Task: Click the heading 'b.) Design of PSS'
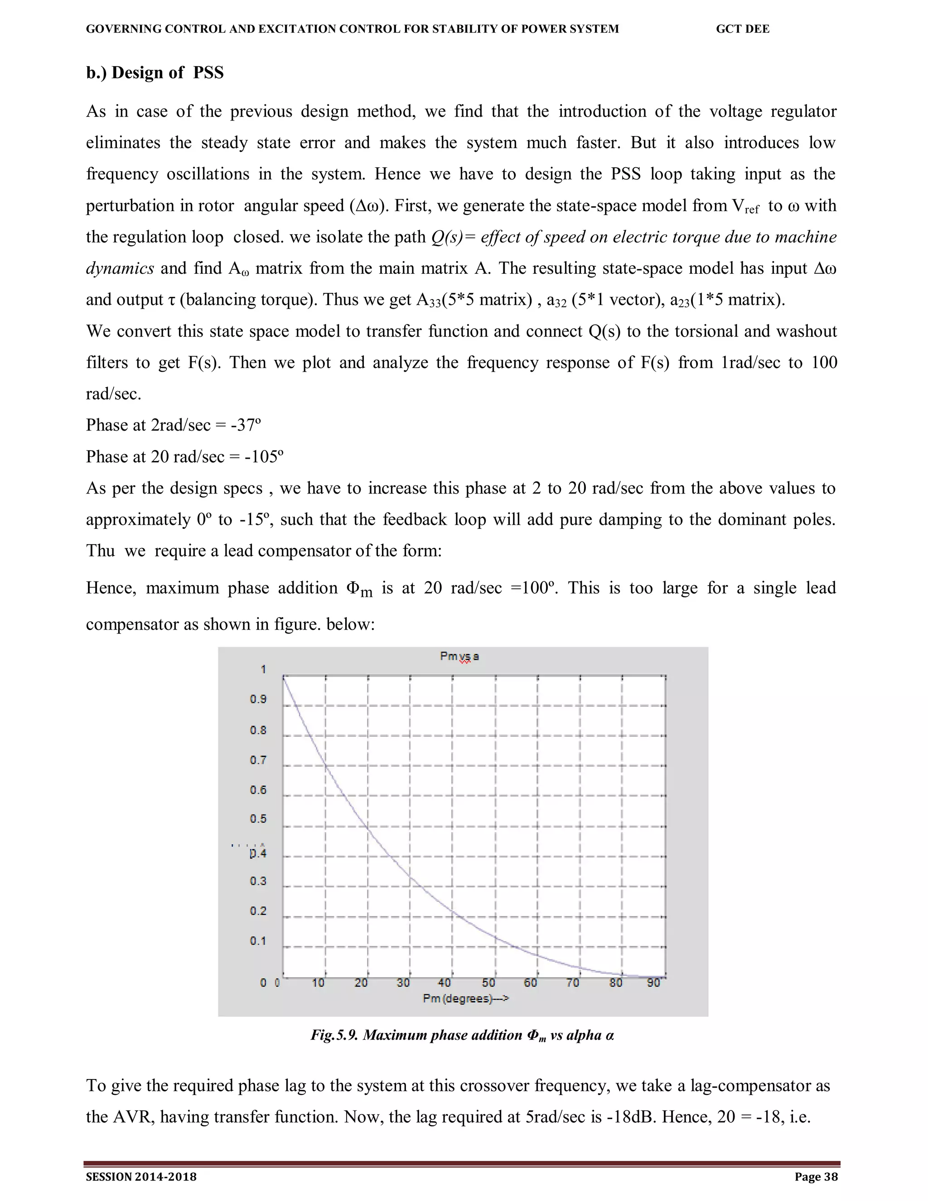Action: tap(155, 73)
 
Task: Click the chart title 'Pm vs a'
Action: tap(459, 656)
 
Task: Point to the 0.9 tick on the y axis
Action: tap(258, 699)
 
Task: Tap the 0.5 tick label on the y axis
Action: tap(258, 819)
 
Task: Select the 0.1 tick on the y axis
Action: tap(258, 941)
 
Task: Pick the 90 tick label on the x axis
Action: tap(653, 983)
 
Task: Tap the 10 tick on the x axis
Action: tap(318, 983)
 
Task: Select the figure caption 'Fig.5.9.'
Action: tap(334, 1036)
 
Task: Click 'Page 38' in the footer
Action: tap(816, 1177)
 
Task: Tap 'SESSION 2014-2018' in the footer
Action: tap(141, 1177)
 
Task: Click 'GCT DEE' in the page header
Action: tap(742, 29)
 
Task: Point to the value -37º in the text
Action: tap(245, 425)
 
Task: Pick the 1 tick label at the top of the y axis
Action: tap(263, 669)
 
